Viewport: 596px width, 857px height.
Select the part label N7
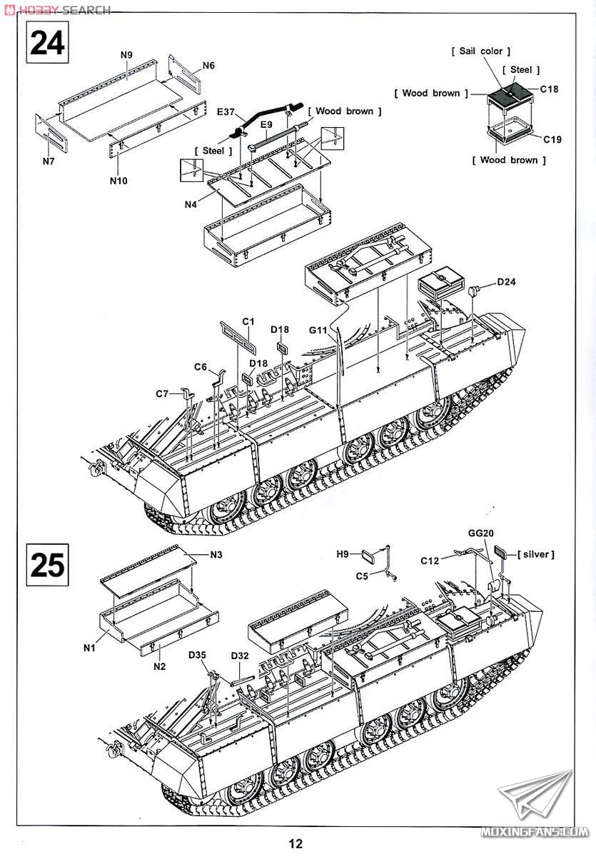pyautogui.click(x=48, y=161)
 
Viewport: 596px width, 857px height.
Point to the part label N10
pyautogui.click(x=118, y=180)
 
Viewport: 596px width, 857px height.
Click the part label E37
pyautogui.click(x=227, y=112)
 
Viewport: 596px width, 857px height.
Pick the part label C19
pyautogui.click(x=551, y=139)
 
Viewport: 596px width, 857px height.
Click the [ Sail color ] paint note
pyautogui.click(x=481, y=51)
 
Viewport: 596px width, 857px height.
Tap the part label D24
pyautogui.click(x=506, y=281)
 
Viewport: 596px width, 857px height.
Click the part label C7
pyautogui.click(x=163, y=394)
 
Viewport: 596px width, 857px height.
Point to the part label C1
pyautogui.click(x=248, y=321)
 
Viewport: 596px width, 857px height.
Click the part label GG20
pyautogui.click(x=481, y=533)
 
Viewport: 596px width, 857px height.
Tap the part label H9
pyautogui.click(x=343, y=553)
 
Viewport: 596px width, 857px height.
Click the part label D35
pyautogui.click(x=198, y=655)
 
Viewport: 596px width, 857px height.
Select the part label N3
pyautogui.click(x=216, y=554)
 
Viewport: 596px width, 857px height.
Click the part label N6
pyautogui.click(x=208, y=66)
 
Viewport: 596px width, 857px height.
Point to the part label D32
pyautogui.click(x=240, y=656)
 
